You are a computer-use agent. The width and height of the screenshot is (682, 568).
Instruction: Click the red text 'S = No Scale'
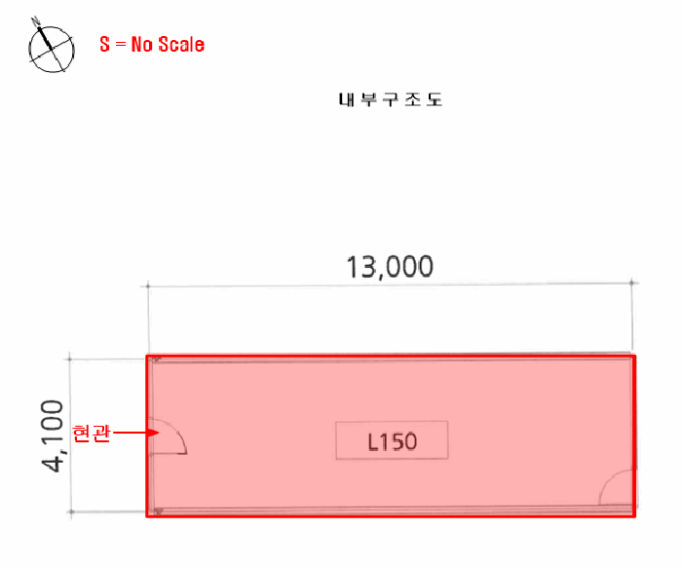click(152, 45)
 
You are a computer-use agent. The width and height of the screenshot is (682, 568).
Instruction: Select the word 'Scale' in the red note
click(181, 45)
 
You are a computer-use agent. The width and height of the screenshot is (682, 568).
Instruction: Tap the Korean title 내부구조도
click(391, 99)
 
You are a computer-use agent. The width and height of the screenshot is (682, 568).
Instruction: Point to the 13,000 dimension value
click(390, 267)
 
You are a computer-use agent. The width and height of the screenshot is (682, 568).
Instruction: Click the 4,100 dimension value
click(53, 435)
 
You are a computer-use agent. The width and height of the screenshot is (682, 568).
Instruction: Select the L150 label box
click(392, 440)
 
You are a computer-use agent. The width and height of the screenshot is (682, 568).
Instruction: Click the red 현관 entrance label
click(91, 434)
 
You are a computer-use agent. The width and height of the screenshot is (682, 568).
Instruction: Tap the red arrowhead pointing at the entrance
click(153, 433)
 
